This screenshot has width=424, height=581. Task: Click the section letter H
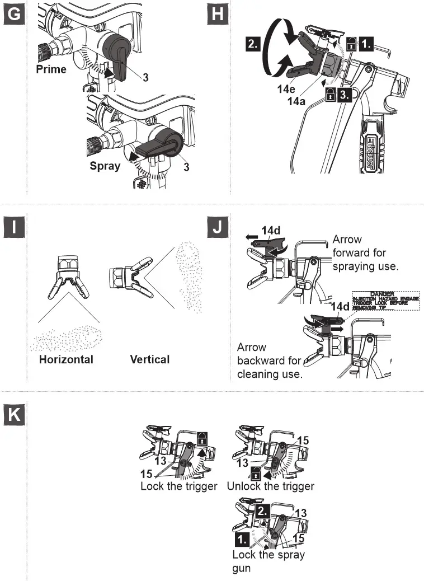click(217, 14)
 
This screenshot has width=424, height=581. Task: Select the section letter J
click(217, 228)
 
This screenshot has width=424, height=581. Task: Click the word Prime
click(51, 69)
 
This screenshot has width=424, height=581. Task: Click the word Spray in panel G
click(105, 166)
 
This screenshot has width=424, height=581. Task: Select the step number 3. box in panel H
click(345, 96)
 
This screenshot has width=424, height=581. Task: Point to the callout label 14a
click(297, 101)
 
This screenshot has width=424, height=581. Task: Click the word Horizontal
click(66, 359)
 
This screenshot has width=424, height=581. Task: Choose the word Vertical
click(149, 359)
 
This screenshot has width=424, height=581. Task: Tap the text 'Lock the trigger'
click(178, 486)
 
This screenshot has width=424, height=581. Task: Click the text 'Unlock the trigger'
click(271, 486)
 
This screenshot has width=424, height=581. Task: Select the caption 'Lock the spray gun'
click(268, 561)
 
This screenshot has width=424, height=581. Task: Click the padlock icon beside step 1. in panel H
click(351, 43)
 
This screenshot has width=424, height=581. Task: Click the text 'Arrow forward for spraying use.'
click(365, 253)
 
